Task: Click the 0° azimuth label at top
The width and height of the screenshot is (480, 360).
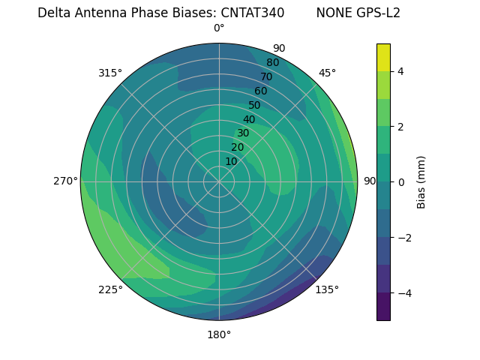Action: pos(219,28)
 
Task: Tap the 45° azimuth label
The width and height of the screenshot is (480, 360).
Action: pos(327,73)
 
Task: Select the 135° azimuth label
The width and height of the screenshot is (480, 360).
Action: pos(327,289)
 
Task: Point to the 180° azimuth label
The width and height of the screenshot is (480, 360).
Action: pos(219,334)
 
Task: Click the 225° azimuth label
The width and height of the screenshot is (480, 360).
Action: pos(110,289)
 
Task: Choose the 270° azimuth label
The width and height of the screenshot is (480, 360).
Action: pos(65,181)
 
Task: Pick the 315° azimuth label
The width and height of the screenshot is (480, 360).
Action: pos(110,73)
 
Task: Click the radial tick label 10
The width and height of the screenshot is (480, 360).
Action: pos(231,161)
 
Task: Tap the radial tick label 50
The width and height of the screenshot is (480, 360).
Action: pos(255,105)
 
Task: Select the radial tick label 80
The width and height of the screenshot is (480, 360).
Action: pos(273,62)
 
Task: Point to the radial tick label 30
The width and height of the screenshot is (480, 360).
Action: pos(243,133)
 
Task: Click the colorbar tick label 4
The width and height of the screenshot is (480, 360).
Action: pos(401,71)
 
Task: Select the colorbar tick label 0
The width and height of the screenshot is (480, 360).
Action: pos(401,182)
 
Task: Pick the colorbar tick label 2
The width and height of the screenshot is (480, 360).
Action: pos(401,127)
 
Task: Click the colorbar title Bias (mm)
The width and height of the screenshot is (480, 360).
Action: pos(421,182)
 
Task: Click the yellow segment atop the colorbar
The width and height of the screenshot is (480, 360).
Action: pos(383,58)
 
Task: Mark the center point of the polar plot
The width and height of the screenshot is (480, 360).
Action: pos(219,181)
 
